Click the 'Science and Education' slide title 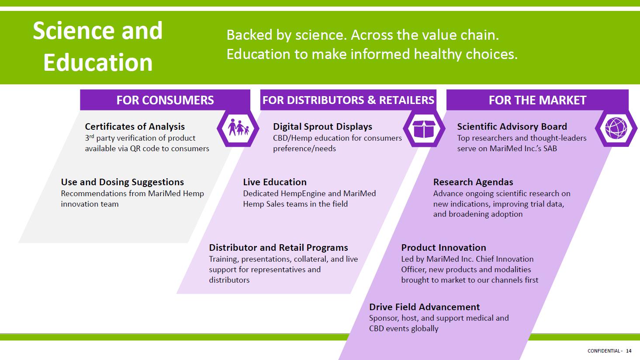(x=98, y=46)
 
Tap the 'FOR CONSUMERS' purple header (x=165, y=100)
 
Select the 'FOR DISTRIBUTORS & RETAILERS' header (x=348, y=100)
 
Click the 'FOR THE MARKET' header (x=537, y=100)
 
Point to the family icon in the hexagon (x=238, y=128)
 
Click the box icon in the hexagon (x=424, y=128)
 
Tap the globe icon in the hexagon (x=616, y=128)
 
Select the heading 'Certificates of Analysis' (x=135, y=127)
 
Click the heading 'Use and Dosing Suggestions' (x=122, y=182)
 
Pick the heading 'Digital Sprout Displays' (x=322, y=127)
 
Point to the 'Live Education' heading (x=275, y=182)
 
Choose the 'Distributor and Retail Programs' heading (x=279, y=247)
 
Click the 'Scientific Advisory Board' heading (x=512, y=127)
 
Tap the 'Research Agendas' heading (x=473, y=182)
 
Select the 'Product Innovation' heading (x=444, y=247)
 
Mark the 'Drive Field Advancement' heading (x=425, y=307)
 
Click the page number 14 (x=629, y=351)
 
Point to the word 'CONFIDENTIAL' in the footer (x=603, y=351)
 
